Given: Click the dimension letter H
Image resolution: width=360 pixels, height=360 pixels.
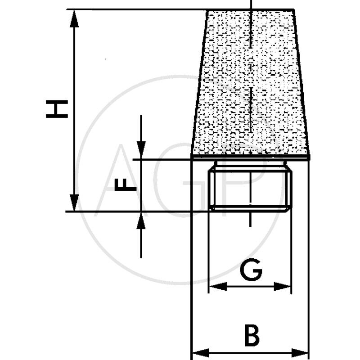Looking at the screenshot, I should pos(57,109).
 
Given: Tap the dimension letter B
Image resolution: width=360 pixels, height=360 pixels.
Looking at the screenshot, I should pos(252,335).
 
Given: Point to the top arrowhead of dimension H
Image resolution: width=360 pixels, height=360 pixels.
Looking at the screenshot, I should pos(75,15).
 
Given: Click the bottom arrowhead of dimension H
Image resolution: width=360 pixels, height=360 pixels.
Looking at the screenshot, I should pos(75,205).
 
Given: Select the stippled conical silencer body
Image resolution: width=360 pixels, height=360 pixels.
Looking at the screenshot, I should pos(250,85).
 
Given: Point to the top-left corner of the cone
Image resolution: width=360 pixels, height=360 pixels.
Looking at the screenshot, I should pos(207,10).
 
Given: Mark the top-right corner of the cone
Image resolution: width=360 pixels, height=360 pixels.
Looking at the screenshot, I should pos(293,10).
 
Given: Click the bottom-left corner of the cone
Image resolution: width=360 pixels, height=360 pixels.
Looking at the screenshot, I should pos(192,157).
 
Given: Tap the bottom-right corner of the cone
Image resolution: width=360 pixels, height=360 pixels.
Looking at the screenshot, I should pos(309,157).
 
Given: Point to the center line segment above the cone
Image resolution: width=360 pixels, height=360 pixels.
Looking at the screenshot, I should pos(250,4).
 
